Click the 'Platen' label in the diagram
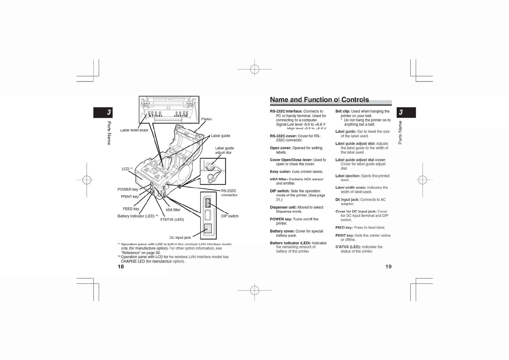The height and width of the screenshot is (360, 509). (x=206, y=119)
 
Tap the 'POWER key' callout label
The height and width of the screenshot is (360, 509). (x=128, y=189)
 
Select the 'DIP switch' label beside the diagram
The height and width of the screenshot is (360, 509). (x=230, y=216)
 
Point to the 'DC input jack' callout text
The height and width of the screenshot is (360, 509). (x=180, y=238)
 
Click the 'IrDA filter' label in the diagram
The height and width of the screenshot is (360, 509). (x=173, y=210)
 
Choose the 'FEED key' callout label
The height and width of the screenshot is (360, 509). (x=131, y=209)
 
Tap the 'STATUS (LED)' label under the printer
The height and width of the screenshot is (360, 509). (x=172, y=220)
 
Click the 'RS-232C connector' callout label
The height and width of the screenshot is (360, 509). (x=229, y=193)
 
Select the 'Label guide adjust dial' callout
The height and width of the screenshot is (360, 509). (x=224, y=150)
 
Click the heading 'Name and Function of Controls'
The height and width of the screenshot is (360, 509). (x=319, y=100)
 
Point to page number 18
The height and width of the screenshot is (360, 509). (x=121, y=266)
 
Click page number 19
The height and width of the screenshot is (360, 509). (x=388, y=266)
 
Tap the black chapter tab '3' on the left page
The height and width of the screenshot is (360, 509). (x=103, y=113)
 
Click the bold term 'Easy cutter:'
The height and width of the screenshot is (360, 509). (x=280, y=172)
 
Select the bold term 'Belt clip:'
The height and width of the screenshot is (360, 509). (x=343, y=111)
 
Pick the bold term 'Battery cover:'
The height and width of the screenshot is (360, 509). (x=282, y=231)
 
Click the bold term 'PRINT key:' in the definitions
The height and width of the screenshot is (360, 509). (x=344, y=235)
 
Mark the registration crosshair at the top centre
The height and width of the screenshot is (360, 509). (x=254, y=69)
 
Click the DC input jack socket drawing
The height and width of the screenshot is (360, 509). (x=208, y=228)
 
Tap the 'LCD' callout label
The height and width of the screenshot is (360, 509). (x=126, y=169)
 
